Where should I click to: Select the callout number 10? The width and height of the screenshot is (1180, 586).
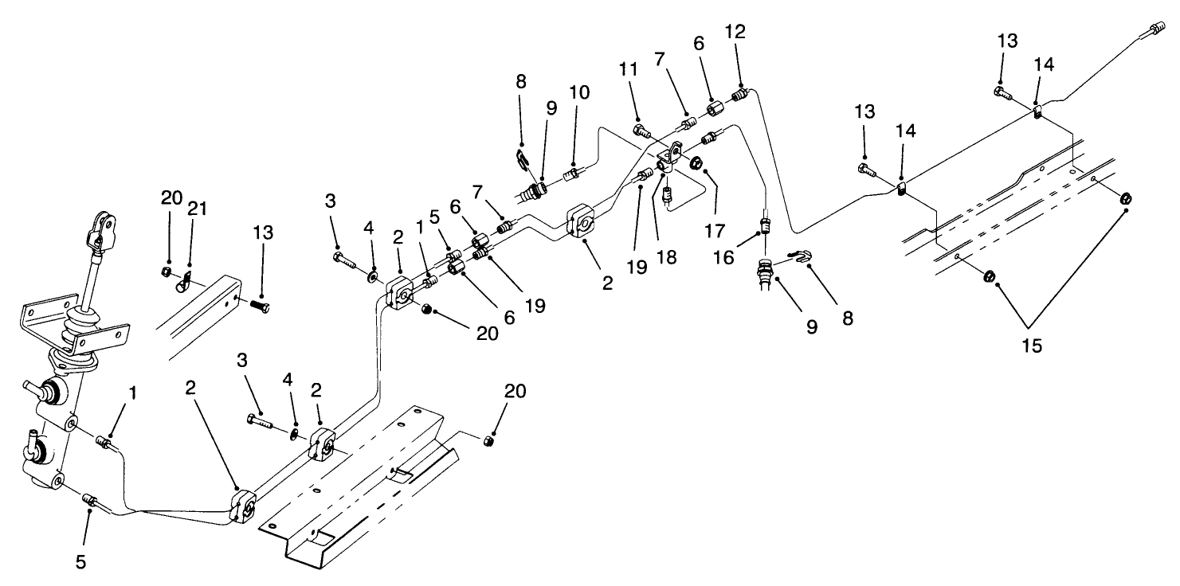pyautogui.click(x=579, y=92)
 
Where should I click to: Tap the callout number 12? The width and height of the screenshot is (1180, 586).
pyautogui.click(x=735, y=33)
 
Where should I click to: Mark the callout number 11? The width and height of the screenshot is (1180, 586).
pyautogui.click(x=629, y=70)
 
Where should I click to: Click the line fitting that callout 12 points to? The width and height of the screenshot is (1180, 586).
pyautogui.click(x=741, y=96)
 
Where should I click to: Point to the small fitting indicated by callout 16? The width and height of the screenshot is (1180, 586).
pyautogui.click(x=765, y=225)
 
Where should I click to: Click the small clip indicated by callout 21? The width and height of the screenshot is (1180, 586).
pyautogui.click(x=185, y=279)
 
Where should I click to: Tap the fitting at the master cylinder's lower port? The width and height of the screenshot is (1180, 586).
pyautogui.click(x=91, y=500)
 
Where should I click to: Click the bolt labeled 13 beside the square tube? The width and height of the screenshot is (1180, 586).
pyautogui.click(x=259, y=305)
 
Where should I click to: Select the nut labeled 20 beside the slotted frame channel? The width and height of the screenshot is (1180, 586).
pyautogui.click(x=492, y=439)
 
